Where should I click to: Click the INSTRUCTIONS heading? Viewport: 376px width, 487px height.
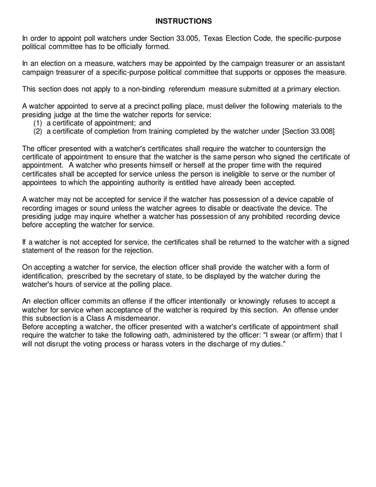click(x=183, y=21)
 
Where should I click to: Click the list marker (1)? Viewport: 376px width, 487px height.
click(x=38, y=123)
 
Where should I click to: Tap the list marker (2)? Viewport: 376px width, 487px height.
click(x=38, y=131)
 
